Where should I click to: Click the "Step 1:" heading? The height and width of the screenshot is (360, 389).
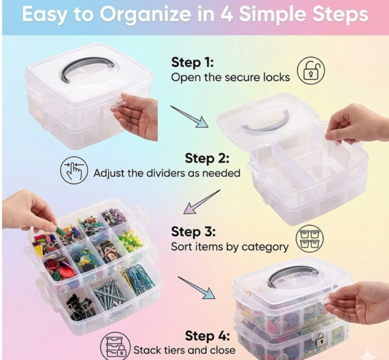(192, 63)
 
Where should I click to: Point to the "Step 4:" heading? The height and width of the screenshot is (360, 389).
(206, 335)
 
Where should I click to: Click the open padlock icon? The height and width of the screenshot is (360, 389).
(311, 70)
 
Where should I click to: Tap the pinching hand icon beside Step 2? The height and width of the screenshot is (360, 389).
(73, 171)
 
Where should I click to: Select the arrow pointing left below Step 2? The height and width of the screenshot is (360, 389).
(202, 201)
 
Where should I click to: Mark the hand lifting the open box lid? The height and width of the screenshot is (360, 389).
(353, 123)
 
